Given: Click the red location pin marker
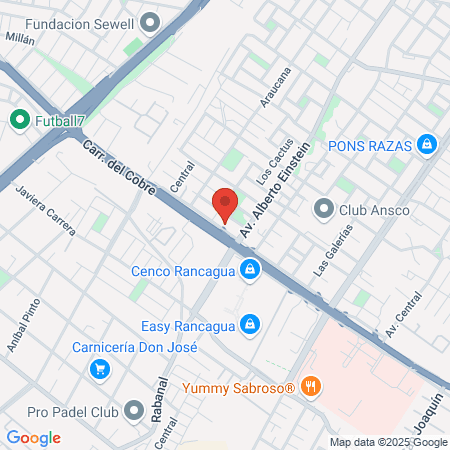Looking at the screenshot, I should click(225, 205).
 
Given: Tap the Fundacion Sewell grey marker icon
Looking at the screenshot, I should click(151, 21).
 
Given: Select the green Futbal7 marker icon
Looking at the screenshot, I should click(19, 121).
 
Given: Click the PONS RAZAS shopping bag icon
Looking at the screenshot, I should click(427, 145).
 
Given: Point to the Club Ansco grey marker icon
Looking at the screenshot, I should click(323, 209).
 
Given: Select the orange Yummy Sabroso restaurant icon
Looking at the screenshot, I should click(311, 386).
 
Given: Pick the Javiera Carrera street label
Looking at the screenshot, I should click(46, 211).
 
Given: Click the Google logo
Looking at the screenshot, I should click(33, 438).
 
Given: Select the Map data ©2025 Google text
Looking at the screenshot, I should click(389, 442).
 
